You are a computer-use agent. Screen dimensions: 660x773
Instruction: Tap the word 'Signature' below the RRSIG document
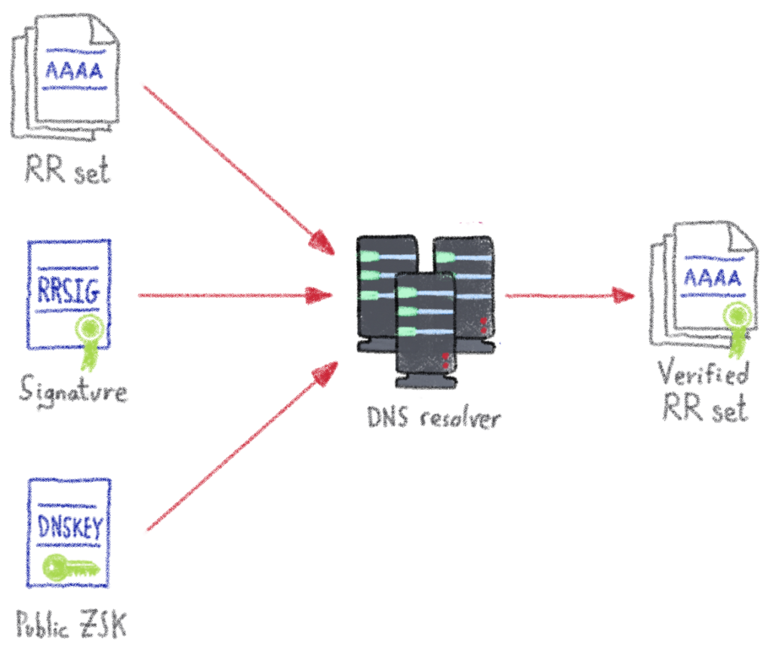73,391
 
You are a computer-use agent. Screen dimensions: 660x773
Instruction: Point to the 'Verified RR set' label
704,392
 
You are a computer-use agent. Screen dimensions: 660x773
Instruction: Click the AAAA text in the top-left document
74,70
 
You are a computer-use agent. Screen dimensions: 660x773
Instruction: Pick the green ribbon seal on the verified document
737,324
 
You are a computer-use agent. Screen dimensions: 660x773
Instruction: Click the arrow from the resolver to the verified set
570,295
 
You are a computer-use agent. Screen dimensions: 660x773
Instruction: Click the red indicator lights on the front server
445,360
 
